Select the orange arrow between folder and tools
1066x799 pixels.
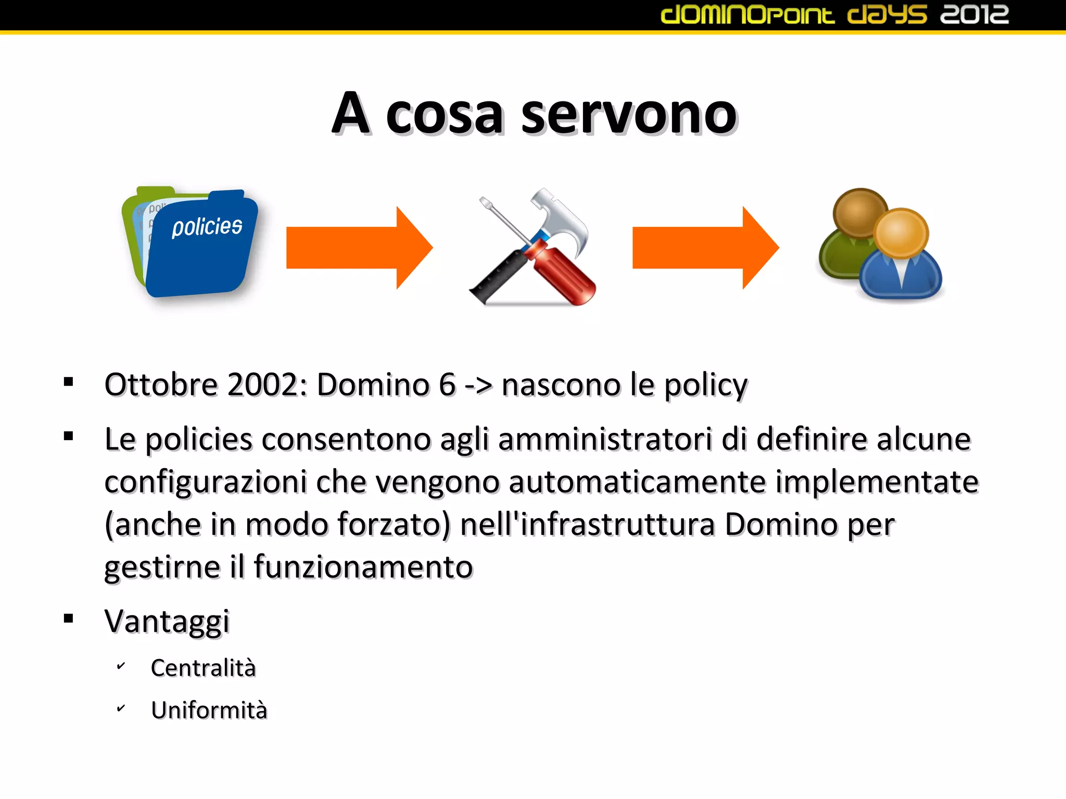click(359, 248)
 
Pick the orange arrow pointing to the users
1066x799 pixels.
click(705, 248)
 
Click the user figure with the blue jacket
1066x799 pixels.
click(900, 260)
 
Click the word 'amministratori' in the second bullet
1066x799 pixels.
click(605, 439)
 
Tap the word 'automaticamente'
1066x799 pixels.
click(637, 482)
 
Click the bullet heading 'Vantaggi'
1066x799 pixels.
click(167, 621)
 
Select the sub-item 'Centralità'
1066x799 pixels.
click(203, 668)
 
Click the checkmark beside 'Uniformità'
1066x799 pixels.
click(121, 708)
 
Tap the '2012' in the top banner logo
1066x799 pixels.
click(974, 15)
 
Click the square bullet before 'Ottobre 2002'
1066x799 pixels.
click(69, 382)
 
